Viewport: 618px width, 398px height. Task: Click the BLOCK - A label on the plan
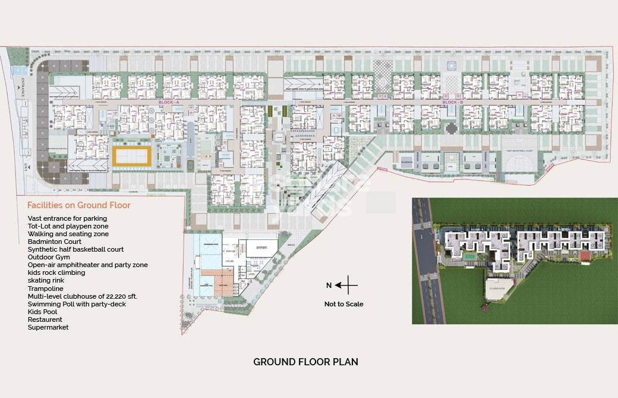[x=169, y=103]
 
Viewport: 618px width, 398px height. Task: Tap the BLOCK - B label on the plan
[x=452, y=103]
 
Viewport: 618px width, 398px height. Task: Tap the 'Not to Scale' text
[x=343, y=304]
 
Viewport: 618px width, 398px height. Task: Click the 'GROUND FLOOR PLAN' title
[x=305, y=362]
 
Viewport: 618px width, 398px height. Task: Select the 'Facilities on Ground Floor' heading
[x=79, y=205]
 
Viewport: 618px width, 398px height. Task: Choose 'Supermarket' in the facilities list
[x=48, y=327]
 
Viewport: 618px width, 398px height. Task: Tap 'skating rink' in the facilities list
[x=46, y=280]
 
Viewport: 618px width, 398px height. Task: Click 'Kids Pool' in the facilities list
[x=42, y=312]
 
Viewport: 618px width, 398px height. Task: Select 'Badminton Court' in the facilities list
[x=54, y=242]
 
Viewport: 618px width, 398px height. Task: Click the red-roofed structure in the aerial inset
[x=585, y=255]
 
